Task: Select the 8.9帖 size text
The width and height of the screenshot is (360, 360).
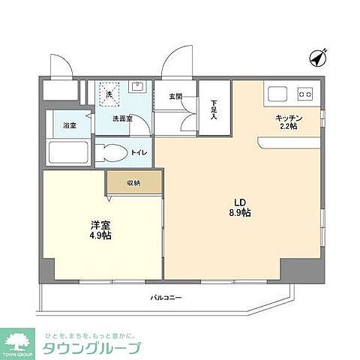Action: [x=240, y=213]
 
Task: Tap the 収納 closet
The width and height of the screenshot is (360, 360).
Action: [x=133, y=181]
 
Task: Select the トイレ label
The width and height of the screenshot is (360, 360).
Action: [x=139, y=153]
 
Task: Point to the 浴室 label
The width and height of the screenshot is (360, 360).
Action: [x=69, y=124]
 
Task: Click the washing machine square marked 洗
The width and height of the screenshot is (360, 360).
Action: [x=109, y=94]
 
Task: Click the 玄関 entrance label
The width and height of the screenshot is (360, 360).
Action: [x=175, y=96]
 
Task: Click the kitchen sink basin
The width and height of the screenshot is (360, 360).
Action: [x=276, y=94]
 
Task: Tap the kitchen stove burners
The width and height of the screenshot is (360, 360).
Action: [x=304, y=94]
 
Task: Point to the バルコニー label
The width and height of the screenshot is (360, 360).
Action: [x=166, y=298]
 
